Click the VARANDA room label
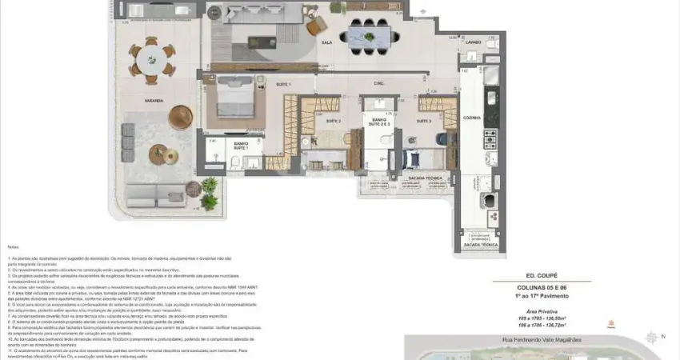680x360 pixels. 154,101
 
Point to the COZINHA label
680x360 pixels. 471,118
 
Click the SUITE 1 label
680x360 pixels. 283,84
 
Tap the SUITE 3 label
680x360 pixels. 423,121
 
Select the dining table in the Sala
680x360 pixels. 369,35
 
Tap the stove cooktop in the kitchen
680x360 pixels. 490,141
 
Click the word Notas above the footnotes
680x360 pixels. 14,247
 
